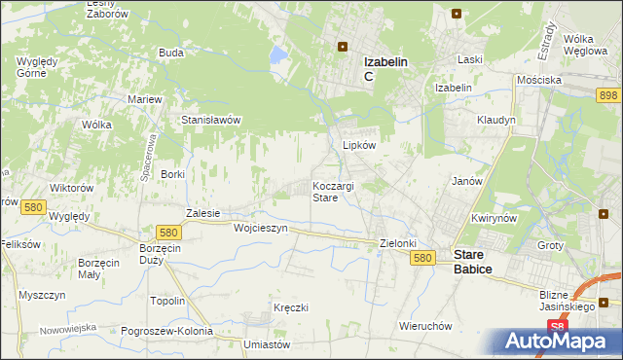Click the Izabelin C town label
click(385, 68)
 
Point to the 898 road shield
click(608, 94)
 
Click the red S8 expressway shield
click(556, 328)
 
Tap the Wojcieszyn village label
click(261, 228)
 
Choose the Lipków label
click(359, 145)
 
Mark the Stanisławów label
click(211, 120)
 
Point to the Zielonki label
click(397, 243)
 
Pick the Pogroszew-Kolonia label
click(166, 331)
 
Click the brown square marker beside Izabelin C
click(343, 45)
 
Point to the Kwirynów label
click(492, 219)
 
